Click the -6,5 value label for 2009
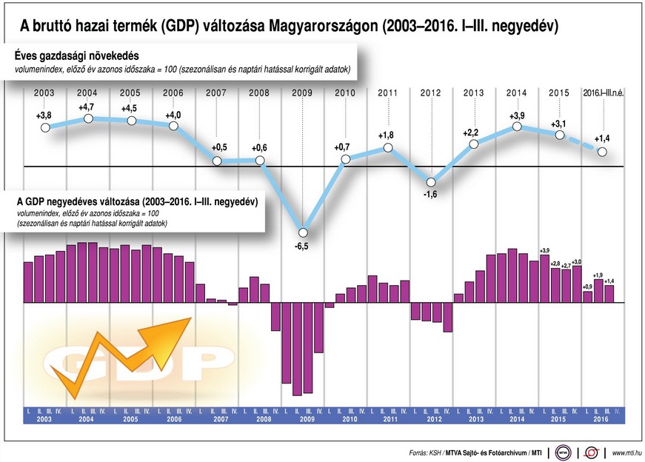coord(301,246)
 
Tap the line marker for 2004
coord(88,118)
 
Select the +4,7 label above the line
coord(87,107)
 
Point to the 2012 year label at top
coord(431,93)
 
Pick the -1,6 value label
coord(431,195)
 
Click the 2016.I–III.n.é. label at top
coord(604,93)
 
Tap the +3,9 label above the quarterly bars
coord(544,250)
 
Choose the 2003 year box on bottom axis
coord(44,419)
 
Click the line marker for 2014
coord(518,127)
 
